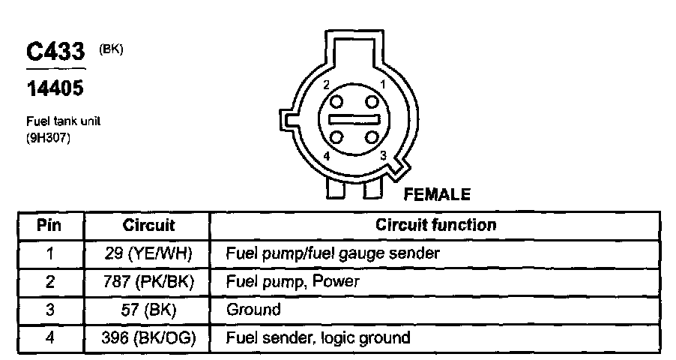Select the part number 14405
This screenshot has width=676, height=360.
pyautogui.click(x=55, y=88)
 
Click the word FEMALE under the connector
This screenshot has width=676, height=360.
pyautogui.click(x=437, y=195)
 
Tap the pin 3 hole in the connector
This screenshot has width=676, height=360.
pyautogui.click(x=371, y=136)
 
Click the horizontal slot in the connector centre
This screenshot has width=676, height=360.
pyautogui.click(x=354, y=119)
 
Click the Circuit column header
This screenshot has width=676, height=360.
pyautogui.click(x=148, y=225)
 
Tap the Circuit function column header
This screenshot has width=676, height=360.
pyautogui.click(x=435, y=225)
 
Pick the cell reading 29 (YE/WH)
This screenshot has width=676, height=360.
pyautogui.click(x=148, y=253)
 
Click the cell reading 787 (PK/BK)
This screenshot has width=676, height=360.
pyautogui.click(x=148, y=281)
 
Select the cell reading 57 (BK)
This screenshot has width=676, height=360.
pyautogui.click(x=148, y=309)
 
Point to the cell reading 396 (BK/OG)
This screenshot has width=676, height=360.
pyautogui.click(x=148, y=337)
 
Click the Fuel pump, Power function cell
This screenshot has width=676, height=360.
pyautogui.click(x=292, y=281)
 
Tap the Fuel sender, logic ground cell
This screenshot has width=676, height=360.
pyautogui.click(x=318, y=337)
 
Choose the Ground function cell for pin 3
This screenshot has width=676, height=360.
pyautogui.click(x=253, y=309)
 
